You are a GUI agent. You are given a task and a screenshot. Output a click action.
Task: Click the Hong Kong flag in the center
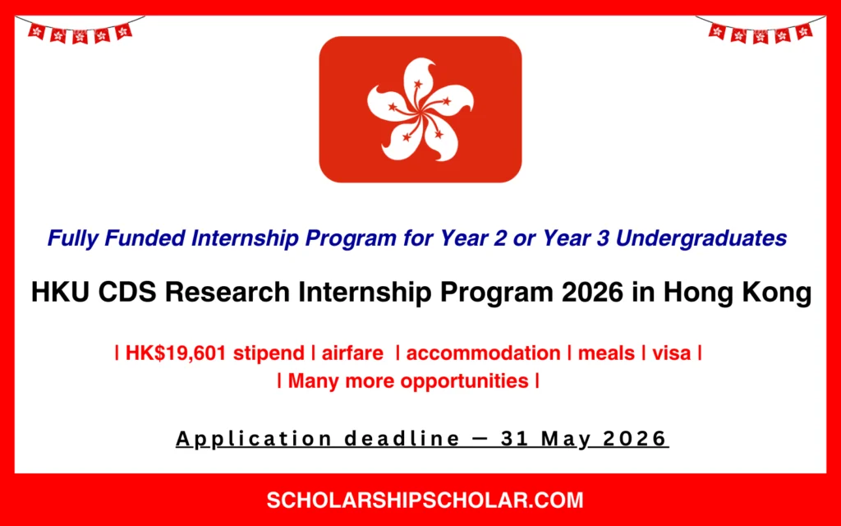coord(420,109)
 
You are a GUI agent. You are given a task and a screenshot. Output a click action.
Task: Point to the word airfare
coord(352,353)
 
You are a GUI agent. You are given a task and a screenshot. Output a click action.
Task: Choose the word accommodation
coord(483,353)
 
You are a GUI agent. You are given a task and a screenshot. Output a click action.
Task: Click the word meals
coord(606,353)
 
